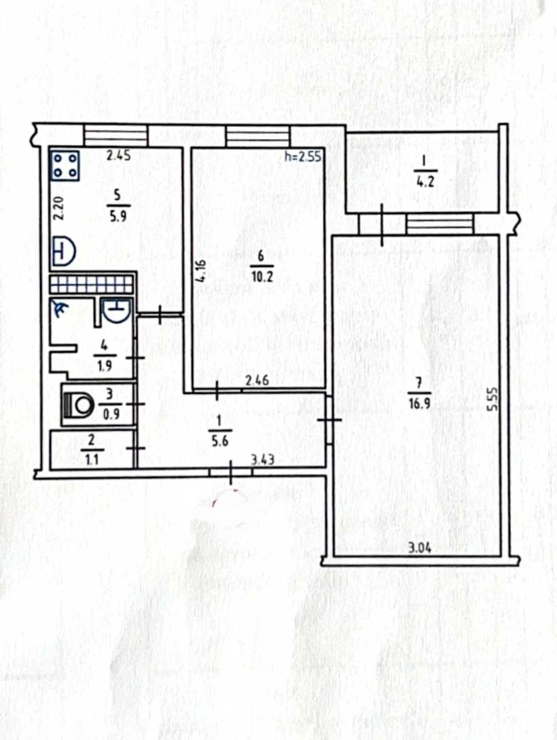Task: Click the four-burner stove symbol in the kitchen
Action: coord(66,165)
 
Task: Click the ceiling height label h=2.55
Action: coord(303,157)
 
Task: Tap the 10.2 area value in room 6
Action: coord(262,277)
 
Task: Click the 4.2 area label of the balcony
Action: coord(425,184)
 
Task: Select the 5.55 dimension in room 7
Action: coord(493,400)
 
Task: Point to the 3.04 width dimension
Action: coord(420,548)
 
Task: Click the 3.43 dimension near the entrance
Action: coord(263,460)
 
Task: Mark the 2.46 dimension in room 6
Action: coord(257,381)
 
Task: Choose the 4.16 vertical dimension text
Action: coord(200,270)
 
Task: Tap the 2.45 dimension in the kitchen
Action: coord(118,156)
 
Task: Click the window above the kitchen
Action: coord(116,136)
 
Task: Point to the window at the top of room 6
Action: coord(258,136)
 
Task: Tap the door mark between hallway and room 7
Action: coord(329,420)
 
